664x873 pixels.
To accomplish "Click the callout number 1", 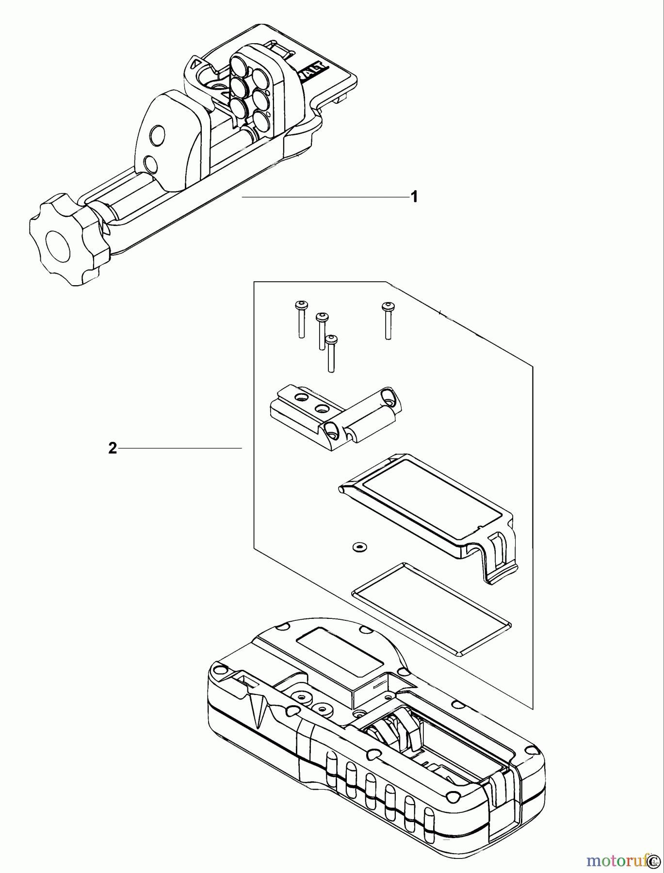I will click(414, 197).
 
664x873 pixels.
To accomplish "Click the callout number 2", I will click(112, 449).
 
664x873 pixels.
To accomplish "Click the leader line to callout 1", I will click(325, 197).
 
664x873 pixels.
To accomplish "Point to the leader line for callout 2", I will click(179, 449).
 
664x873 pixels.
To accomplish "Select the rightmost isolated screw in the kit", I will click(387, 321).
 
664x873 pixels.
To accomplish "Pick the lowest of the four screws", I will click(331, 354).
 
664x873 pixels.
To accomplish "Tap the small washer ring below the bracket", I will click(359, 547).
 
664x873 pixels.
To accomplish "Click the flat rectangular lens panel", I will click(431, 608).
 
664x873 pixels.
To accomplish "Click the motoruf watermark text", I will click(616, 860).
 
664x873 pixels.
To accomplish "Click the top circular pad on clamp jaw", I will click(239, 64).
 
